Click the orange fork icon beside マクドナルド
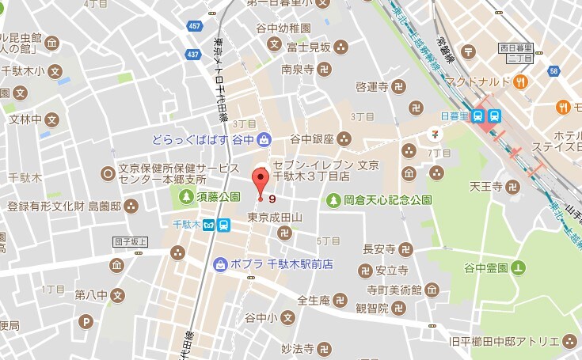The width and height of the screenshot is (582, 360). tap(521, 81)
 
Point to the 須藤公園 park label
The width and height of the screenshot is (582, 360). tap(219, 195)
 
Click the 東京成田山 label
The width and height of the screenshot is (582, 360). tap(274, 217)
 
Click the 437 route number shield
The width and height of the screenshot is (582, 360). tap(192, 53)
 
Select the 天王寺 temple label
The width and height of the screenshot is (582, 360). tap(486, 188)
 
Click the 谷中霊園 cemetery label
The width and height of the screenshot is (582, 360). tap(489, 267)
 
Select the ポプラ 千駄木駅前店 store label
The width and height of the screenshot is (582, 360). tap(283, 263)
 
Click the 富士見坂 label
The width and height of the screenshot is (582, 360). tap(309, 47)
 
